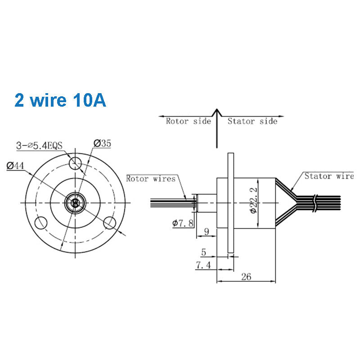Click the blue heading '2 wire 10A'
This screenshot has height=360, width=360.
point(60,100)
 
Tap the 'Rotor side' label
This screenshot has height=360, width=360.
point(188,121)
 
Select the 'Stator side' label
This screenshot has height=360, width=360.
point(252,121)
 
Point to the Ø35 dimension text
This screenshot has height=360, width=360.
point(103,144)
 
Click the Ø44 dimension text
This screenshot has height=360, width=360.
point(15,166)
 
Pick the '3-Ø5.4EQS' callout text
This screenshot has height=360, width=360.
point(40,145)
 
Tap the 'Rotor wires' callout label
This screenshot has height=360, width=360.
point(151,179)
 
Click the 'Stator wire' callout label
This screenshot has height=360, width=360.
point(328,176)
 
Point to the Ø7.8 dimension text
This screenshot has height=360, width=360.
point(183,222)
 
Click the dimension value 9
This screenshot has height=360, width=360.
point(206,233)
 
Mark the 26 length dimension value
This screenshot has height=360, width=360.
point(246,277)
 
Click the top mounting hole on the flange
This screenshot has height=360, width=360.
point(75,162)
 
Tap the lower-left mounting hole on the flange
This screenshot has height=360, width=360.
point(41,222)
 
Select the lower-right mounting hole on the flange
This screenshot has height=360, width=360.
point(110,222)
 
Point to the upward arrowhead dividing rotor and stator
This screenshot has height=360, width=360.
point(217,112)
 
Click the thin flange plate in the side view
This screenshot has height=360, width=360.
point(231,202)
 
